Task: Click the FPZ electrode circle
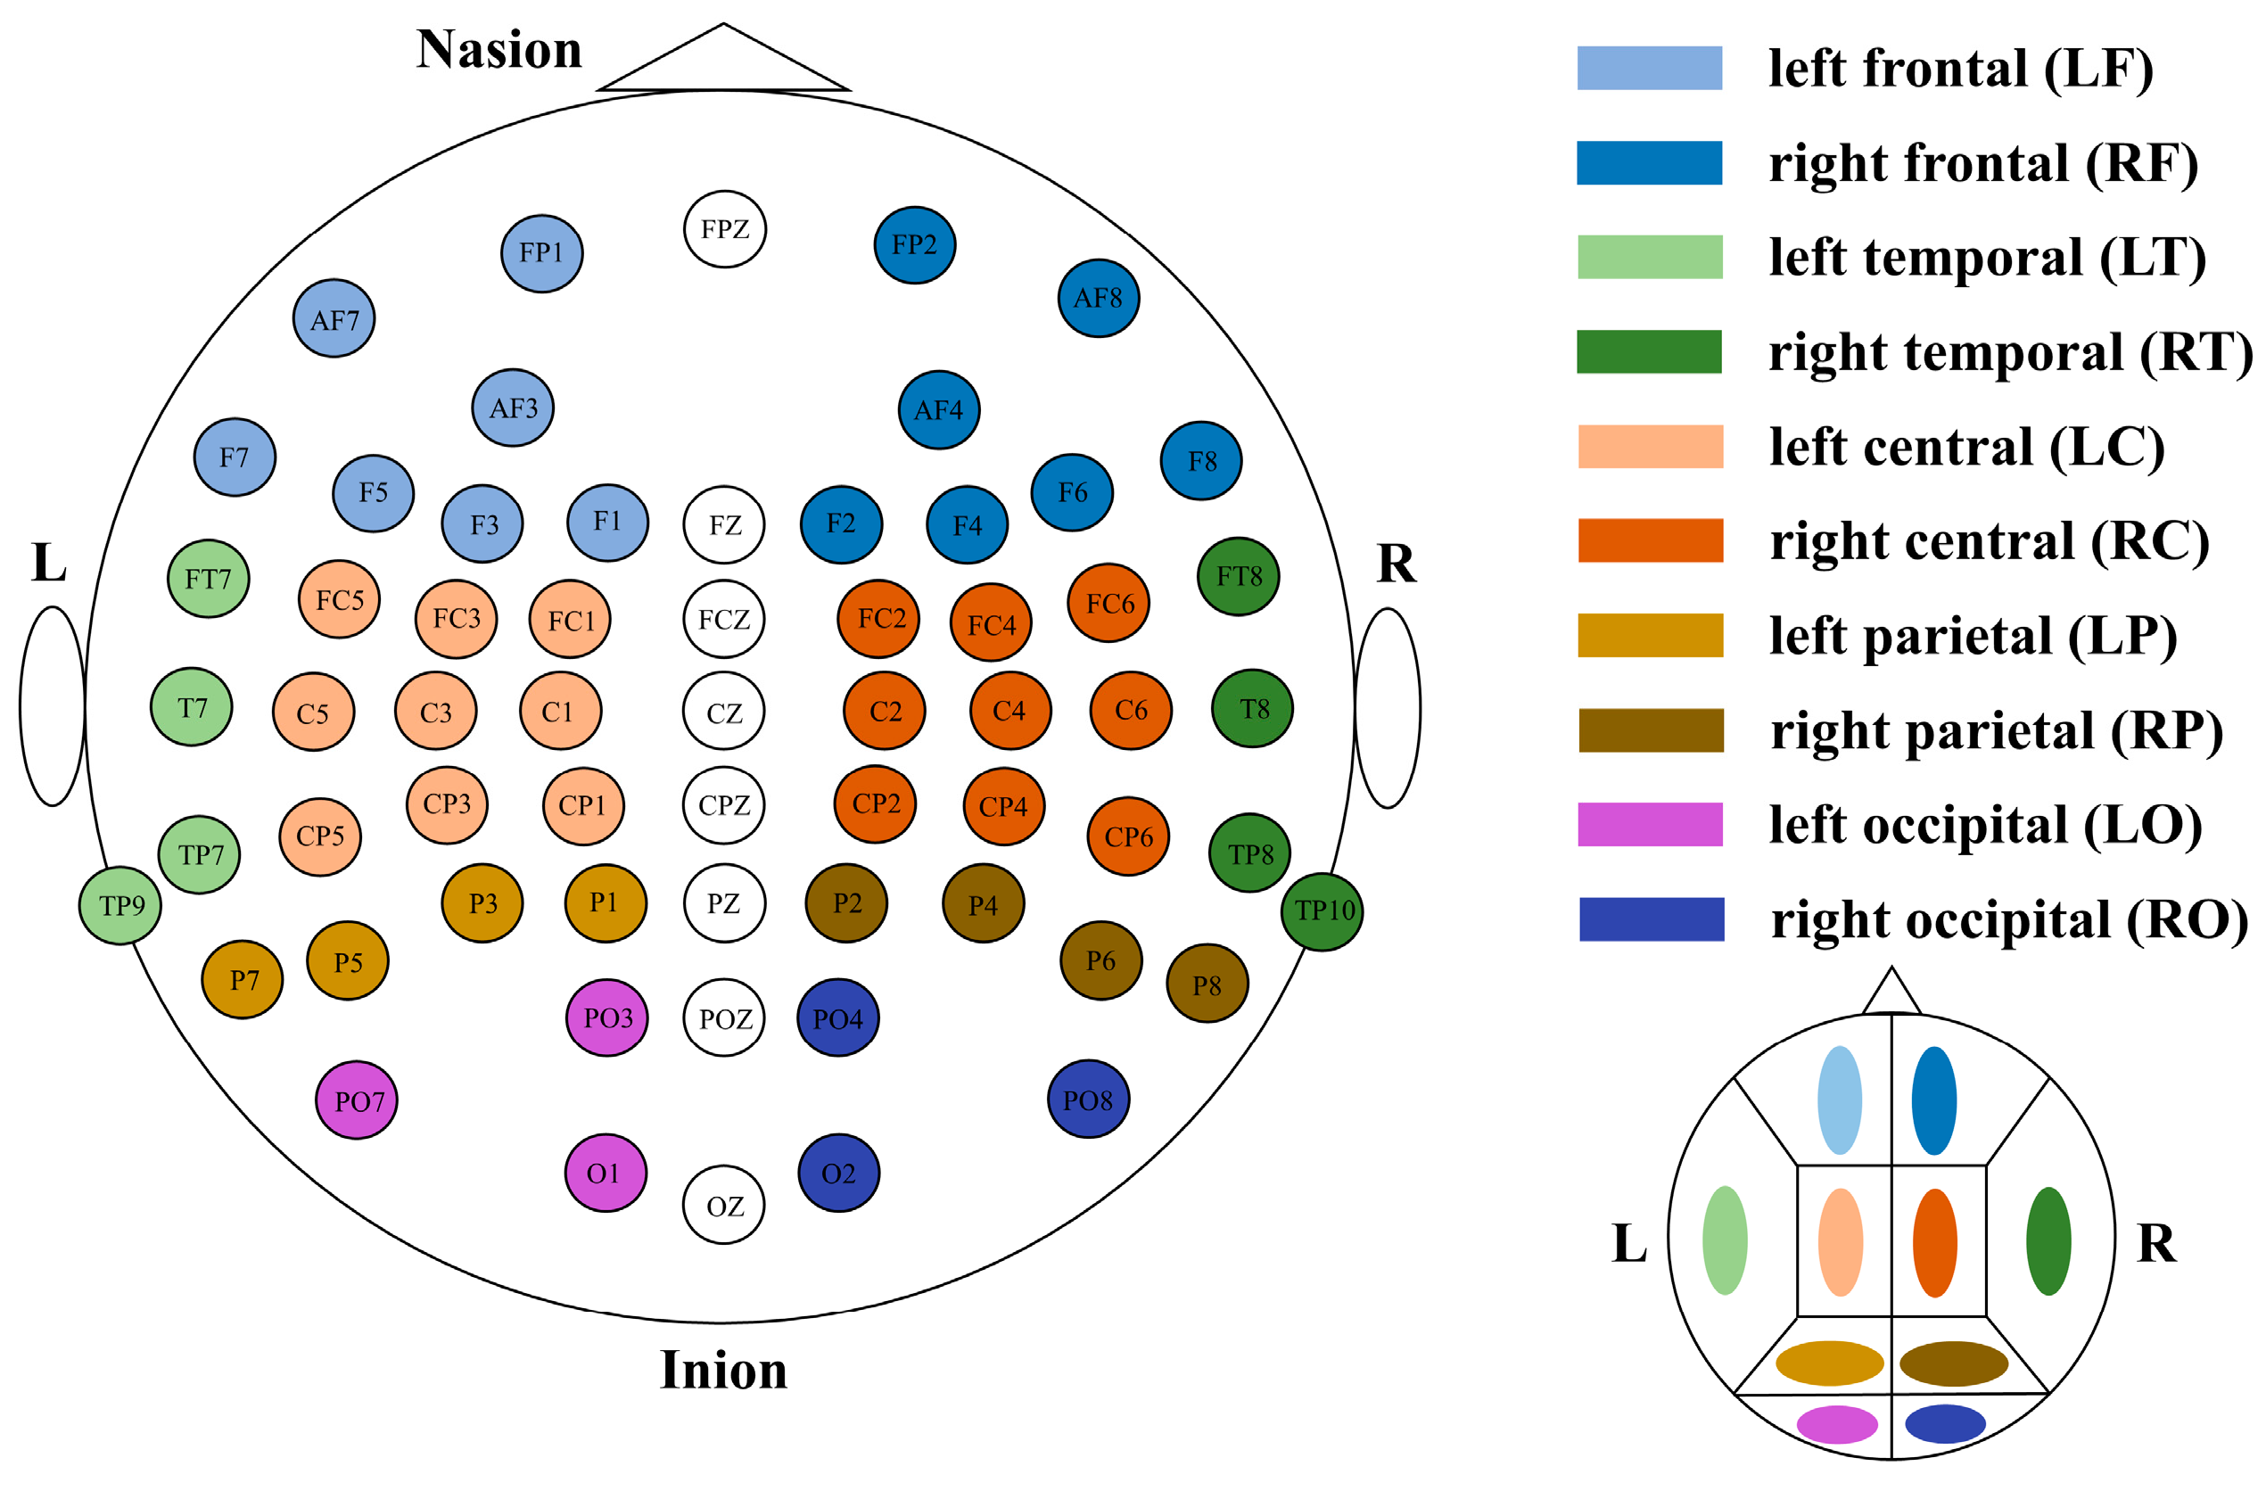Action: pos(724,229)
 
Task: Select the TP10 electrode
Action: pos(1322,911)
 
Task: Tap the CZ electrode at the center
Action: pos(723,712)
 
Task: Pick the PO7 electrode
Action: pos(357,1100)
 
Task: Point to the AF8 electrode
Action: pos(1099,298)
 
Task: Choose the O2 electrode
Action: pos(839,1173)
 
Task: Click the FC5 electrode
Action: pos(339,599)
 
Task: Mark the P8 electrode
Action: pos(1207,984)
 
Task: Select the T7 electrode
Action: pos(192,707)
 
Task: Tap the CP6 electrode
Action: pos(1128,836)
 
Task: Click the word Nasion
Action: pos(499,50)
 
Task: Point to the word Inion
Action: pos(723,1370)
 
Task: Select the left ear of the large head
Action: pos(53,705)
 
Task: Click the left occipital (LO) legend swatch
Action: pos(1650,825)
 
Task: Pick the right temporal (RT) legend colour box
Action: pos(1649,351)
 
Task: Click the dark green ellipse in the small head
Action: pos(2048,1240)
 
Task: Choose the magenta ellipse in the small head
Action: pos(1836,1424)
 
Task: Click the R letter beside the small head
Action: pos(2156,1243)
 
